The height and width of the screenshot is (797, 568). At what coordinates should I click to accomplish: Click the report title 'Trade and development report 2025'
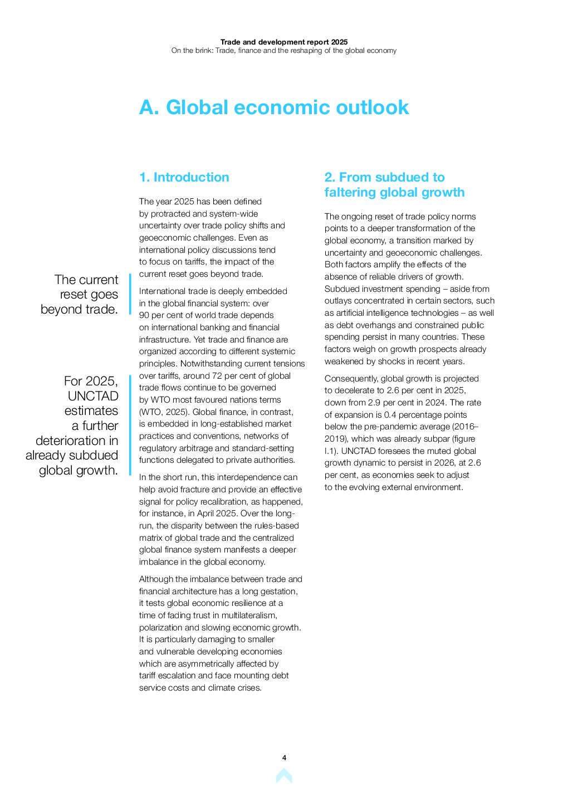(284, 42)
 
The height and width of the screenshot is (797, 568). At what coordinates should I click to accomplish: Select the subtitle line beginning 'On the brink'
(284, 51)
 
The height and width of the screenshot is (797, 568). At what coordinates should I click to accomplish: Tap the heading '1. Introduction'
(184, 177)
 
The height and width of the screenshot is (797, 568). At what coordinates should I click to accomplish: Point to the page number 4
(284, 757)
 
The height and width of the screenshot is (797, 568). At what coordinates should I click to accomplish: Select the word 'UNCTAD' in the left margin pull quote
(93, 396)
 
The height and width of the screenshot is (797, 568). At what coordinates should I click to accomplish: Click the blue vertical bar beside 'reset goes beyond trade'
(130, 294)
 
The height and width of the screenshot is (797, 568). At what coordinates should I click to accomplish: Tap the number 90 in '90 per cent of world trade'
(144, 315)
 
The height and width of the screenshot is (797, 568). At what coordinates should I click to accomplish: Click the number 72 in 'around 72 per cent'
(217, 376)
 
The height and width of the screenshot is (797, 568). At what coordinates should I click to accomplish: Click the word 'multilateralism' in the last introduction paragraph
(248, 615)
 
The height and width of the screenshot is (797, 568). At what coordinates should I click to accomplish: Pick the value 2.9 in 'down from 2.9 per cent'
(374, 403)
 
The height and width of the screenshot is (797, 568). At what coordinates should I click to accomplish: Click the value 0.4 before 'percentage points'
(390, 415)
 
